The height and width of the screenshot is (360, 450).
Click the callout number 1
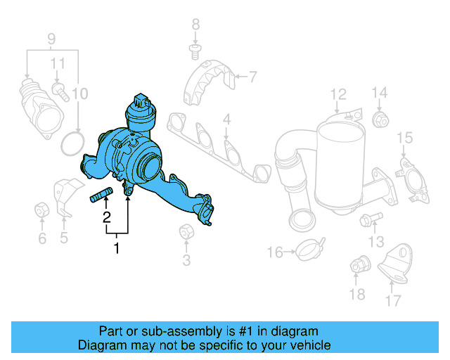coord(117,247)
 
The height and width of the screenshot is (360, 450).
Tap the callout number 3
coord(186,262)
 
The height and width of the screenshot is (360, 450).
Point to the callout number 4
coord(226,120)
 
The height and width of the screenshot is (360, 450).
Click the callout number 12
coord(338,94)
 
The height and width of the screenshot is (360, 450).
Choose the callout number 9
coord(51,37)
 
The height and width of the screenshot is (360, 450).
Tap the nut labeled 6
coord(41,210)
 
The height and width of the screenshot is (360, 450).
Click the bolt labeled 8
coord(195,49)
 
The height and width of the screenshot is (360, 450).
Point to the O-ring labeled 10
coord(71,143)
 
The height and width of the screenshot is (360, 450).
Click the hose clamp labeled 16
coord(307,248)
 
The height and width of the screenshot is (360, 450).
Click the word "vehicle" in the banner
coord(307,345)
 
